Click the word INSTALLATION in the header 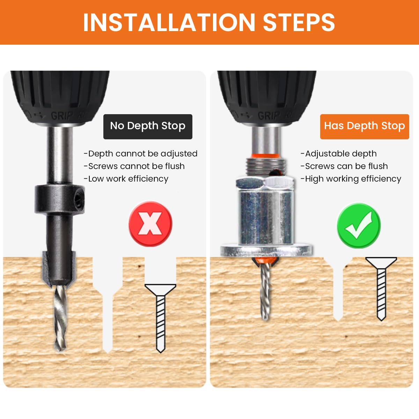coord(169,22)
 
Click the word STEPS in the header coord(299,22)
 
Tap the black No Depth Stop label coord(148,126)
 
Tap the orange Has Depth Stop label coord(364,126)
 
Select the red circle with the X coord(150,223)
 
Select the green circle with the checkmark coord(359,226)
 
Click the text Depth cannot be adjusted coord(141,154)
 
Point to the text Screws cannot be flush coord(134,166)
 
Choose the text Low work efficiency coord(126,179)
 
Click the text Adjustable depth coord(339,154)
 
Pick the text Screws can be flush coord(344,166)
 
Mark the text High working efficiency coord(351,179)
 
